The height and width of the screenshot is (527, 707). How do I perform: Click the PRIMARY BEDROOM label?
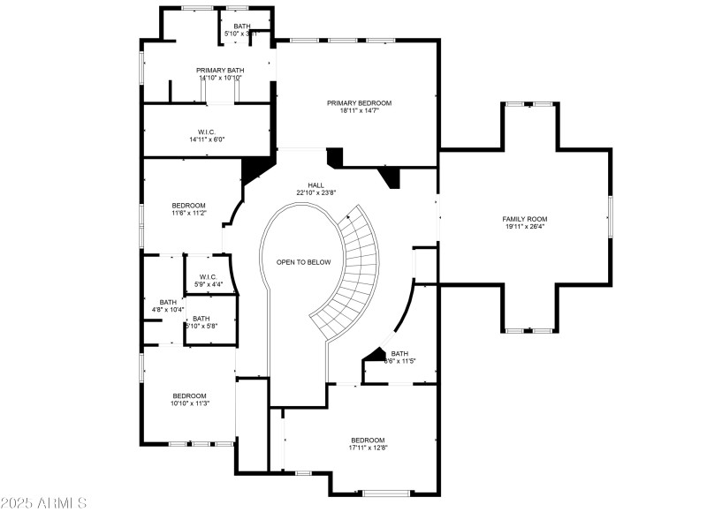pos(358,103)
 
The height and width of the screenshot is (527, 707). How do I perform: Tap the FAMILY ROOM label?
pos(525,219)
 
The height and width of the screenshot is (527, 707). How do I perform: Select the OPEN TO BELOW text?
pos(303,262)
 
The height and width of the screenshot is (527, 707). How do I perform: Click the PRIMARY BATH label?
pos(220,70)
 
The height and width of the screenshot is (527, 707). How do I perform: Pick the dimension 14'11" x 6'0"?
pos(207,139)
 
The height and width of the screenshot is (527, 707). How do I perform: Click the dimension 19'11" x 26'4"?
pos(525,227)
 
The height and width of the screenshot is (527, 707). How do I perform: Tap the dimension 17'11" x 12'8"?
pos(368,448)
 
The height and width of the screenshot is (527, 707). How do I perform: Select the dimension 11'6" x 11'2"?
pos(188,213)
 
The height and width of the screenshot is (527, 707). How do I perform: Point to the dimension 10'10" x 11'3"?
pos(189,403)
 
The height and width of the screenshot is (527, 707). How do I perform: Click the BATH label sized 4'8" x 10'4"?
pos(168,302)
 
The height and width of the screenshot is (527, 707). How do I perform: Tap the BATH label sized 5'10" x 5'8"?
pos(201,319)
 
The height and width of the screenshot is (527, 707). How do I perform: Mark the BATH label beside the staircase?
pos(399,353)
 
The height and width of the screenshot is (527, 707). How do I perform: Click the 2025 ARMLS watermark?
pos(43,504)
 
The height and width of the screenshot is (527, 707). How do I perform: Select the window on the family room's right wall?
pos(610,216)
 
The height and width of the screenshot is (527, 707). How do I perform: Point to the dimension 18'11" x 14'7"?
pos(358,111)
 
